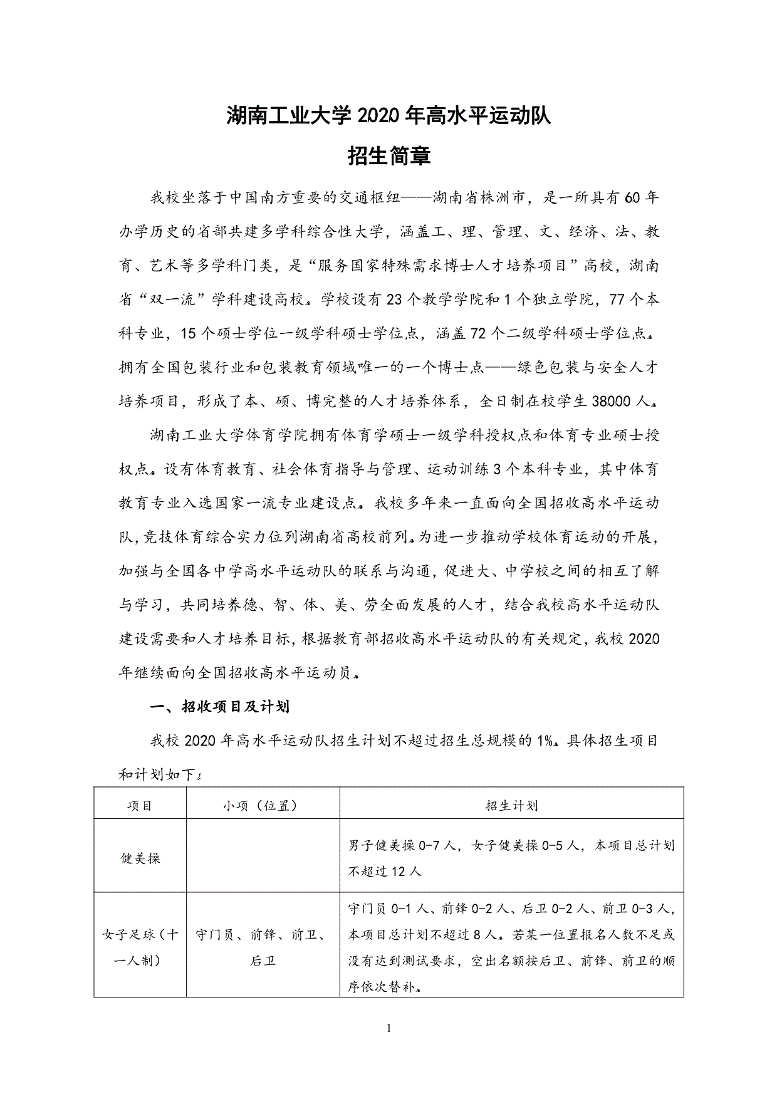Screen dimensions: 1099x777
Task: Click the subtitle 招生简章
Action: coord(388,156)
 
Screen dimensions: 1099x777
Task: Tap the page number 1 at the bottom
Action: coord(389,1028)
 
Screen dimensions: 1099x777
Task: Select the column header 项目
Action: coord(140,806)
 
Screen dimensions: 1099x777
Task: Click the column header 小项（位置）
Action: coord(263,806)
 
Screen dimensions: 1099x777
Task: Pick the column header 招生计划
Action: coord(511,806)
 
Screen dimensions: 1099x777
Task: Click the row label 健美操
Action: coord(140,858)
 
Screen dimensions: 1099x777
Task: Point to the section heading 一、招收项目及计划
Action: coord(220,707)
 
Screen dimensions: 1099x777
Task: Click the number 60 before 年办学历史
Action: coord(632,198)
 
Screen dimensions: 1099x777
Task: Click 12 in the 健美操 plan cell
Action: coord(399,872)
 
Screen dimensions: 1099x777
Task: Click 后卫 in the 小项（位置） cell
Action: coord(263,961)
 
